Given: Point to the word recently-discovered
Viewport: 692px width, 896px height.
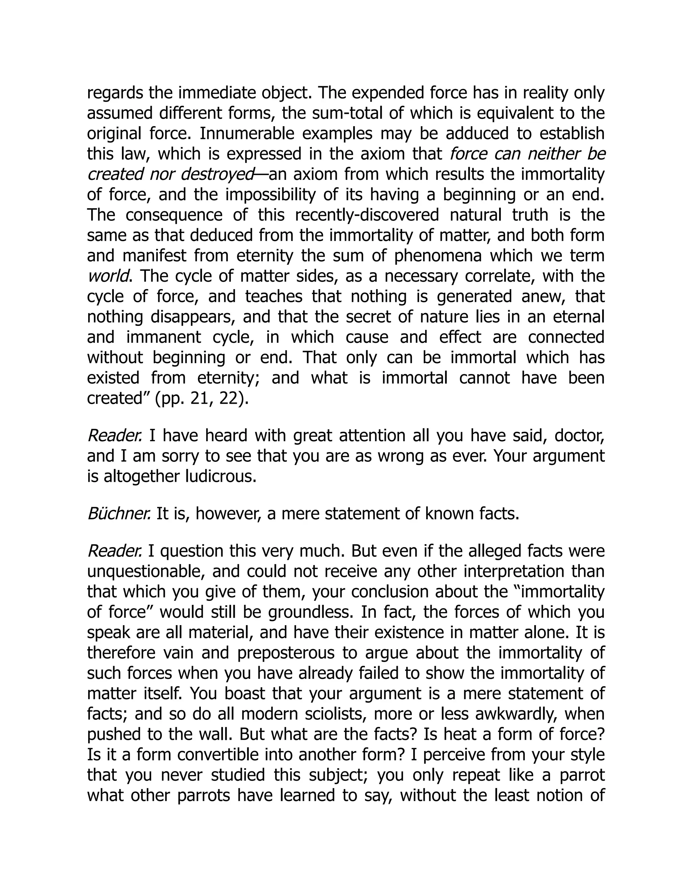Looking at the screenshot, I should (x=367, y=215).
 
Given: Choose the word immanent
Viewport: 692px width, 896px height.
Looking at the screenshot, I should (x=164, y=337).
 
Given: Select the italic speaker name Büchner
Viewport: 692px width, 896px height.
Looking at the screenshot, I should (x=119, y=514).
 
